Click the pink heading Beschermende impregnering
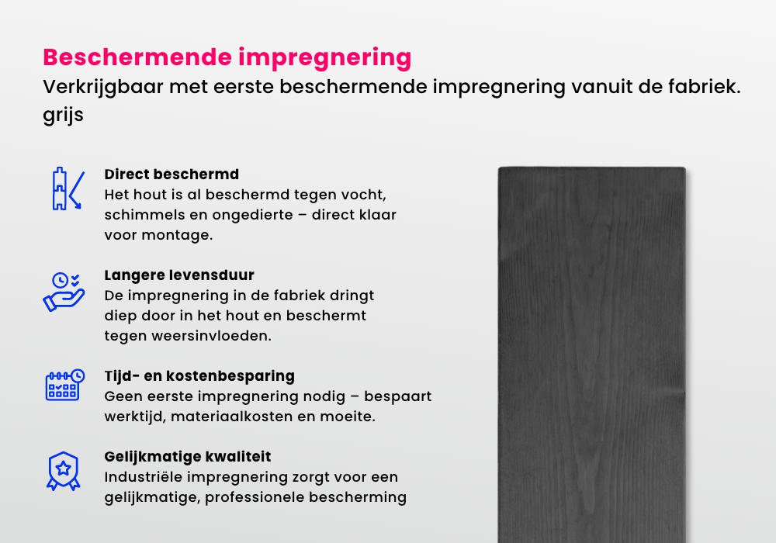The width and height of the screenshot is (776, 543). (227, 57)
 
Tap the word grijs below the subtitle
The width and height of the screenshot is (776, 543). (63, 116)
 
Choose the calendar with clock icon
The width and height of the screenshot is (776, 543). (63, 384)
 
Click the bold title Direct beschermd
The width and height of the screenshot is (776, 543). (171, 174)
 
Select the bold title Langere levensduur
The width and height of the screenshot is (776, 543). (179, 275)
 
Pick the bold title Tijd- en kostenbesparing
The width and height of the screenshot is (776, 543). (199, 376)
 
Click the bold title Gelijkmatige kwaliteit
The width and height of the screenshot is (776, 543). (188, 457)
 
